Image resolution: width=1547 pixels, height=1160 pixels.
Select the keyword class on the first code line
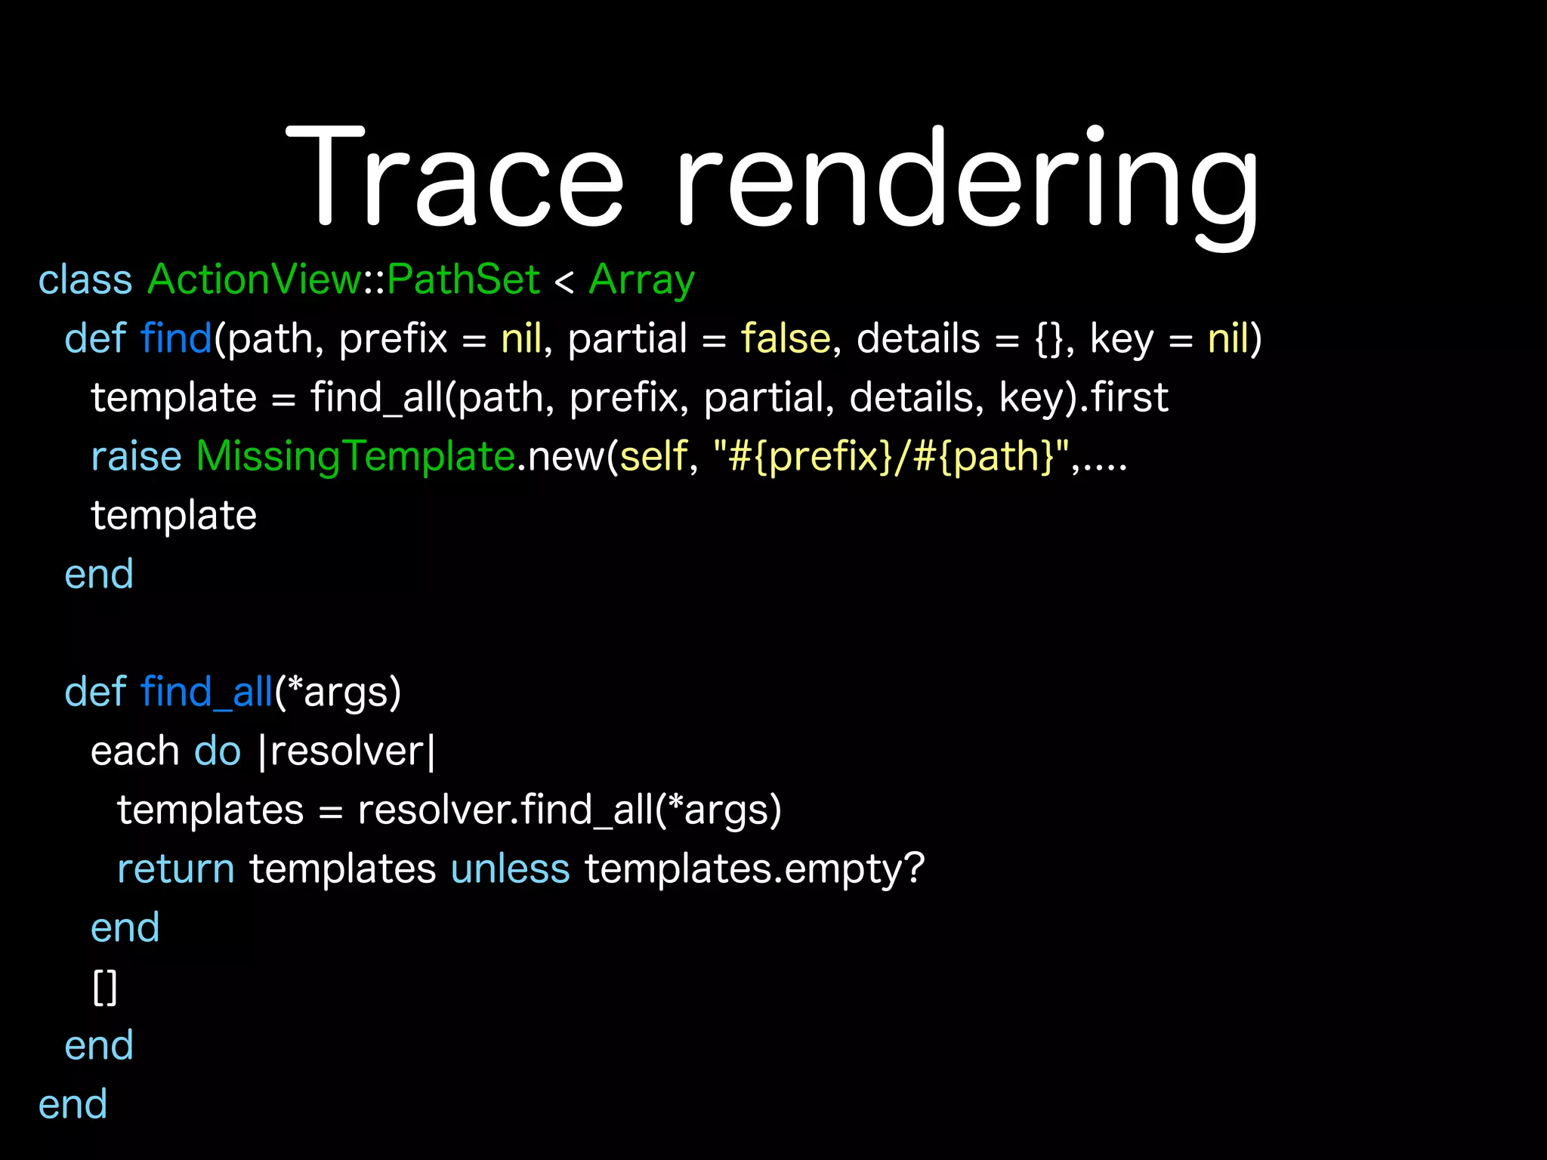click(x=85, y=280)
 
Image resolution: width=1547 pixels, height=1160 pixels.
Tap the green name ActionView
click(x=255, y=279)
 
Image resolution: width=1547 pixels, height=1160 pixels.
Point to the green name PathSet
click(x=463, y=279)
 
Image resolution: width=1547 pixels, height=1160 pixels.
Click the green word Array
click(x=641, y=281)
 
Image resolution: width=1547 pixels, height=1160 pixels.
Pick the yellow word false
click(x=785, y=338)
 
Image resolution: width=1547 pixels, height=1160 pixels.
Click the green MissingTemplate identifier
click(x=355, y=457)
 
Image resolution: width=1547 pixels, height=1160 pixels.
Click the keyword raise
click(x=136, y=457)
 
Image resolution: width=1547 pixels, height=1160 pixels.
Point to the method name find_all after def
click(x=206, y=693)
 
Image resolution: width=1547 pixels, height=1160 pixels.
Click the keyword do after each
click(x=218, y=751)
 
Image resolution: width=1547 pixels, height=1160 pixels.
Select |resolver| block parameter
click(x=347, y=751)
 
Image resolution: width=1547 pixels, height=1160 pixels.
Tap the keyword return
click(x=176, y=869)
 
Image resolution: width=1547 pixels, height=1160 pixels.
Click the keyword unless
click(x=510, y=869)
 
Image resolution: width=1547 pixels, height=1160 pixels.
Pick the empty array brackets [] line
click(x=105, y=987)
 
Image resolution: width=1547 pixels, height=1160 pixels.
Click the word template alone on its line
click(x=174, y=516)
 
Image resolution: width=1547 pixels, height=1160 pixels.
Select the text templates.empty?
click(x=754, y=869)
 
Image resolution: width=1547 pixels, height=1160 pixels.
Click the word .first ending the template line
click(x=1125, y=398)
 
